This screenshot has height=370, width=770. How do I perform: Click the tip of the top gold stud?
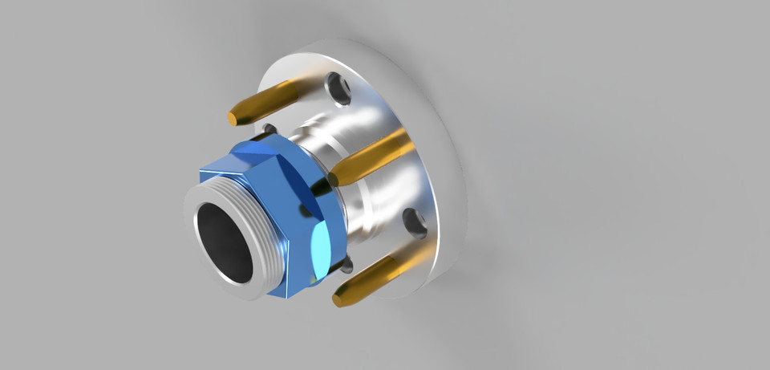click(233, 117)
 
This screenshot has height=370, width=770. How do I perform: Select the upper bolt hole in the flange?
click(340, 89)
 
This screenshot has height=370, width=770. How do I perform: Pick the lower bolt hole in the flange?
click(415, 222)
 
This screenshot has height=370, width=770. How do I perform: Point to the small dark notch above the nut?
click(269, 128)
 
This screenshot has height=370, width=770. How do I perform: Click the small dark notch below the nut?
click(346, 266)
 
